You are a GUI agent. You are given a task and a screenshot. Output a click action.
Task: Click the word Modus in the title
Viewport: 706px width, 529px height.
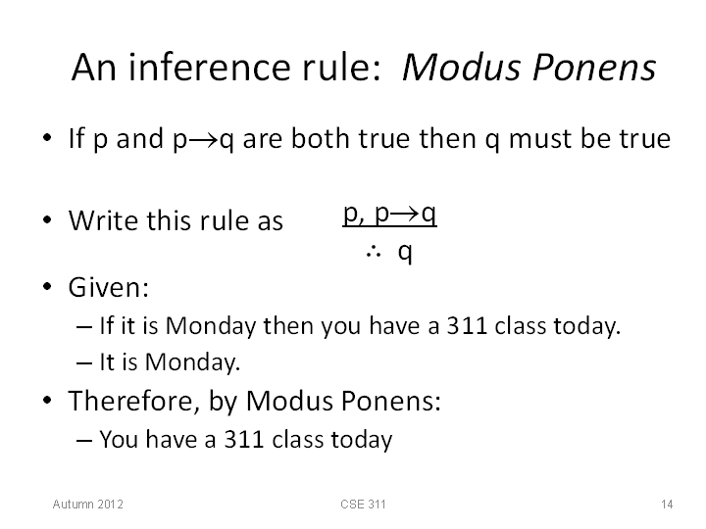462,67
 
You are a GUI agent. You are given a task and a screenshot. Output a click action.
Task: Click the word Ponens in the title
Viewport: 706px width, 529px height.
594,67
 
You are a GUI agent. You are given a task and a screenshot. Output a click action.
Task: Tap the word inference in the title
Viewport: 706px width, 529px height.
210,67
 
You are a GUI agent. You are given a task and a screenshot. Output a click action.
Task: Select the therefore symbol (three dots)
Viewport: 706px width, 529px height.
374,253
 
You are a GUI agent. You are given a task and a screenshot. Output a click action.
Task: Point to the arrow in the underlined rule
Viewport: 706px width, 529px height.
405,214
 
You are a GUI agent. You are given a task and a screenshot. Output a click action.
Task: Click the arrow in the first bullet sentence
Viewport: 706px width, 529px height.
203,139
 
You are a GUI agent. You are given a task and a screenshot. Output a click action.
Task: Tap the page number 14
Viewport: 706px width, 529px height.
667,505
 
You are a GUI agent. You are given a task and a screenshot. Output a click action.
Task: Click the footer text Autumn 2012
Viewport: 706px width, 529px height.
88,505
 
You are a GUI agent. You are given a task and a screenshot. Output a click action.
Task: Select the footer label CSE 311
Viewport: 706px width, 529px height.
363,505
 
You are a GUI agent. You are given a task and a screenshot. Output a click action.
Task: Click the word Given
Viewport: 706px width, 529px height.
108,287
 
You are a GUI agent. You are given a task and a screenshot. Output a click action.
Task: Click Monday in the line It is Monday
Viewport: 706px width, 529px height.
192,362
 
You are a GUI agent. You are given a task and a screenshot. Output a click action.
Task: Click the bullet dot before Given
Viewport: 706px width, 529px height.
47,286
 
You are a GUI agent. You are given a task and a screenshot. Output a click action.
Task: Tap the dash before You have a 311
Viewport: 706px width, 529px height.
84,441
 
